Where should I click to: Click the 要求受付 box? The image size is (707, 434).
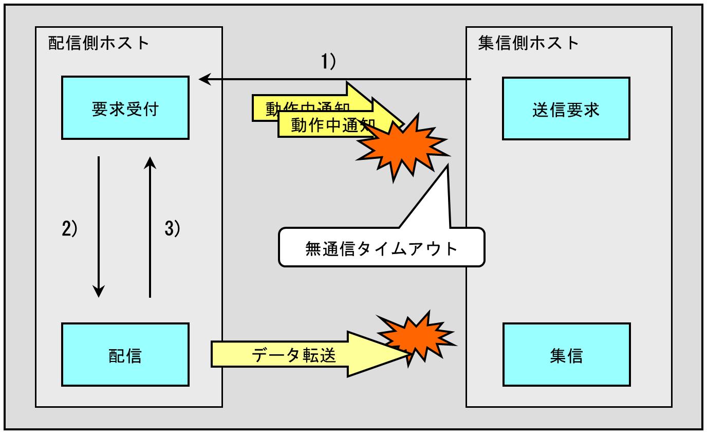tap(125, 108)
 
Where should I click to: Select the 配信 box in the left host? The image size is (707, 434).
tap(125, 355)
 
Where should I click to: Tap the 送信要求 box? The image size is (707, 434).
tap(566, 109)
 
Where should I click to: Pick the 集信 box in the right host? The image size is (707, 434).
tap(566, 355)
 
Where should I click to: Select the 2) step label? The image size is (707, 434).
tap(70, 228)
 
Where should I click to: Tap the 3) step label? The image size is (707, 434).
tap(173, 228)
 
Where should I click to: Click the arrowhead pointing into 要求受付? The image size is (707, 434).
tap(204, 79)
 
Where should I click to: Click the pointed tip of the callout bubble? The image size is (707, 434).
tap(448, 166)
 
